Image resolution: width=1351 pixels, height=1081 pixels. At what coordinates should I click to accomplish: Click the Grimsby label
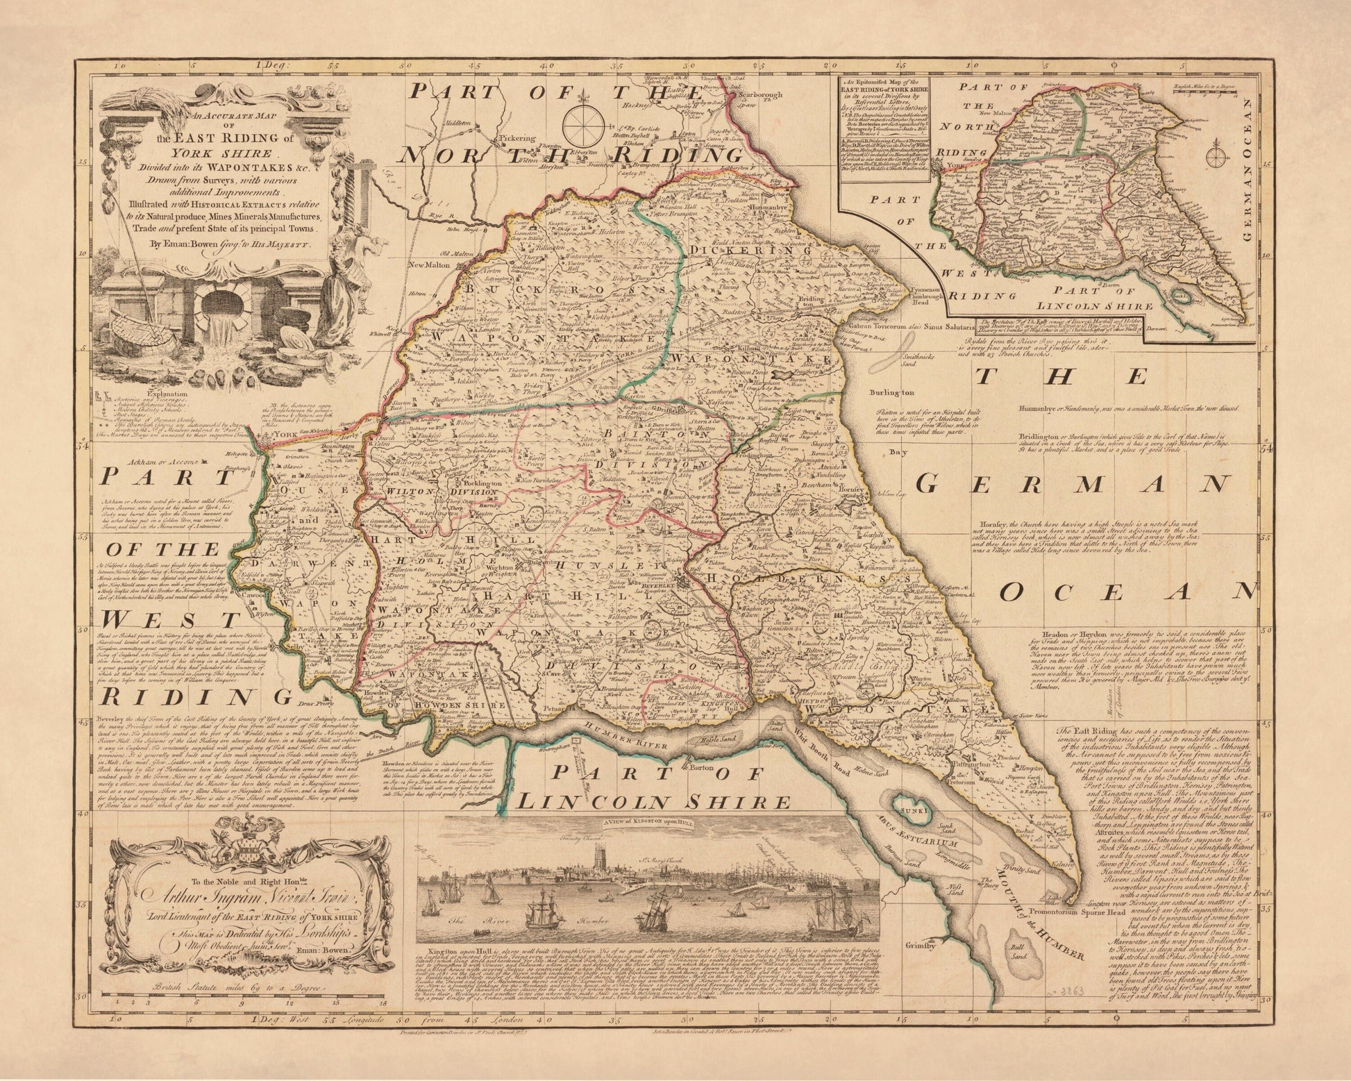click(x=920, y=946)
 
